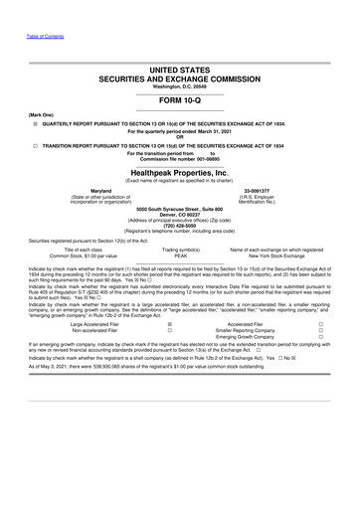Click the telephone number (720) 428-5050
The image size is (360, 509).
click(x=179, y=223)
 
